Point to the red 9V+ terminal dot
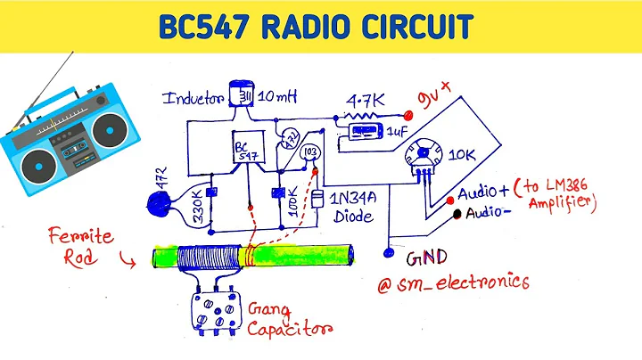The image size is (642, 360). pos(409,115)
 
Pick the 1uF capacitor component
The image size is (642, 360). pos(363,133)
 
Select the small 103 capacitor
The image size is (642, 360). pos(309,152)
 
